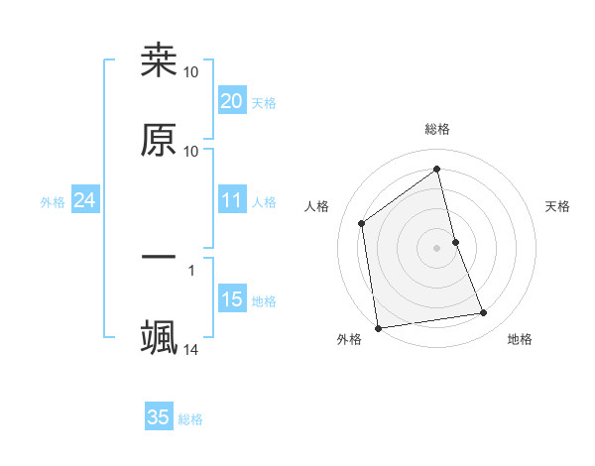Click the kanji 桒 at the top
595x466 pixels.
[159, 60]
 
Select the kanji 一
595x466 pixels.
[159, 258]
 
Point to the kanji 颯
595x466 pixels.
[159, 337]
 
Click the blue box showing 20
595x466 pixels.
[231, 100]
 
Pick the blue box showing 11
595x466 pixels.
[231, 201]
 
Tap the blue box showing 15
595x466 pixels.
[231, 299]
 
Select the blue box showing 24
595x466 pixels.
[84, 201]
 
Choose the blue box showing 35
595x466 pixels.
[159, 417]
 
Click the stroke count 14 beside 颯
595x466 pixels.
[191, 350]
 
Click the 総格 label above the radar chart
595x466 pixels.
[437, 129]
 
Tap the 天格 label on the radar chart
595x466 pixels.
[558, 206]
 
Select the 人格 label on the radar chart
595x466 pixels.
[317, 206]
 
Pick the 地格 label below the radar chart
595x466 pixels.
[520, 339]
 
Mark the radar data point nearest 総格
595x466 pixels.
[437, 170]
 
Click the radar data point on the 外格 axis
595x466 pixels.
[378, 327]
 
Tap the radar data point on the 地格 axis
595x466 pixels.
[484, 313]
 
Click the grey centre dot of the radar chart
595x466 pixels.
[437, 247]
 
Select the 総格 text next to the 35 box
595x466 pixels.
[190, 419]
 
